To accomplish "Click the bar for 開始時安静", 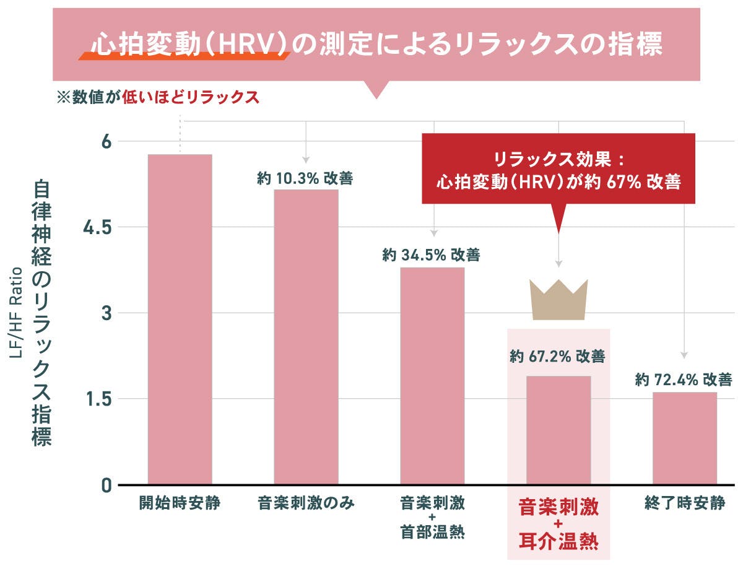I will pyautogui.click(x=180, y=319).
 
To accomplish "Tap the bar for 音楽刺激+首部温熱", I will pyautogui.click(x=432, y=375).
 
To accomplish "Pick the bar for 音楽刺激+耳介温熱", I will pyautogui.click(x=558, y=430).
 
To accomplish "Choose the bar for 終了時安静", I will pyautogui.click(x=684, y=438).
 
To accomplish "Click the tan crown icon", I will pyautogui.click(x=558, y=300).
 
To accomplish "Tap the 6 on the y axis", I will pyautogui.click(x=106, y=142).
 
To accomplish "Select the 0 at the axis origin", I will pyautogui.click(x=106, y=485).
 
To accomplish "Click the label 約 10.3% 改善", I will pyautogui.click(x=305, y=179).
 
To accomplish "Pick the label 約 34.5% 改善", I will pyautogui.click(x=431, y=255).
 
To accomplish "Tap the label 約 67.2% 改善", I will pyautogui.click(x=557, y=357).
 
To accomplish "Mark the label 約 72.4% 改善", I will pyautogui.click(x=684, y=380).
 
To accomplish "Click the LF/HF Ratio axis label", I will pyautogui.click(x=17, y=313).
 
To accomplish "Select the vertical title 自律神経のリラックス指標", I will pyautogui.click(x=42, y=313).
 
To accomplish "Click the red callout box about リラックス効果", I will pyautogui.click(x=558, y=172).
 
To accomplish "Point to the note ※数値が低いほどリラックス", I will pyautogui.click(x=157, y=98).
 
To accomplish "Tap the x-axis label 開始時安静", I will pyautogui.click(x=180, y=503).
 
